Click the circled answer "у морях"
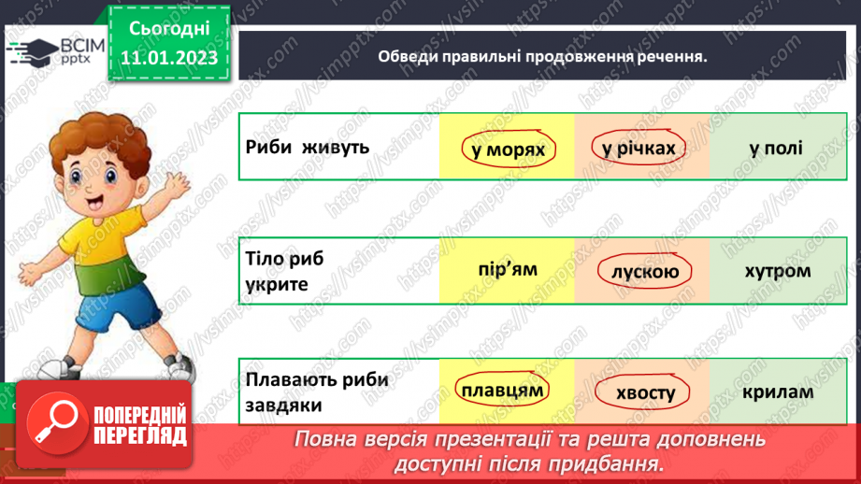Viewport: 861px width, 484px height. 508,149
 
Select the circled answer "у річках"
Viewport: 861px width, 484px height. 639,149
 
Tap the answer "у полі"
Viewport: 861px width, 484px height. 776,148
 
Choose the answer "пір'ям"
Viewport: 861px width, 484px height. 508,269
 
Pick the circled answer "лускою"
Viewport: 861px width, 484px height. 645,271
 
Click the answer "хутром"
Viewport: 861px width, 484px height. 778,271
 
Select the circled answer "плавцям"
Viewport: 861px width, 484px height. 502,390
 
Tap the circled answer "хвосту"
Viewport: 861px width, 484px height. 642,393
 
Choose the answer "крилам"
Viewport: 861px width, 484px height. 778,391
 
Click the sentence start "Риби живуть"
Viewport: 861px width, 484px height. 307,147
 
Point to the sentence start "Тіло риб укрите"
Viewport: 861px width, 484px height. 284,271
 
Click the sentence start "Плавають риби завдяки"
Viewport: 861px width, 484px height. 317,391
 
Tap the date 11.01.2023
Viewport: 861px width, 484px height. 169,58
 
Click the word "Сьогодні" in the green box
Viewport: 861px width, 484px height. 169,29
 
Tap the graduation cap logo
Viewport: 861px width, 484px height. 34,52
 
